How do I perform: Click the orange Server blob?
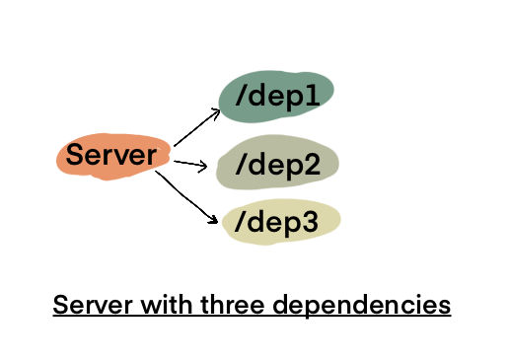pyautogui.click(x=111, y=156)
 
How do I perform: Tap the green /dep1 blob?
pyautogui.click(x=276, y=97)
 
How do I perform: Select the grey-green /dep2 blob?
pyautogui.click(x=277, y=164)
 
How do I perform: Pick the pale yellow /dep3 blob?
pyautogui.click(x=282, y=223)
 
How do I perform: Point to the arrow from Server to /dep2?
pyautogui.click(x=189, y=163)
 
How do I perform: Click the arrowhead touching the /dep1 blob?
pyautogui.click(x=216, y=111)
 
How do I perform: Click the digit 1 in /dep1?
pyautogui.click(x=315, y=95)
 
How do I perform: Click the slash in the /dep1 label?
pyautogui.click(x=241, y=97)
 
